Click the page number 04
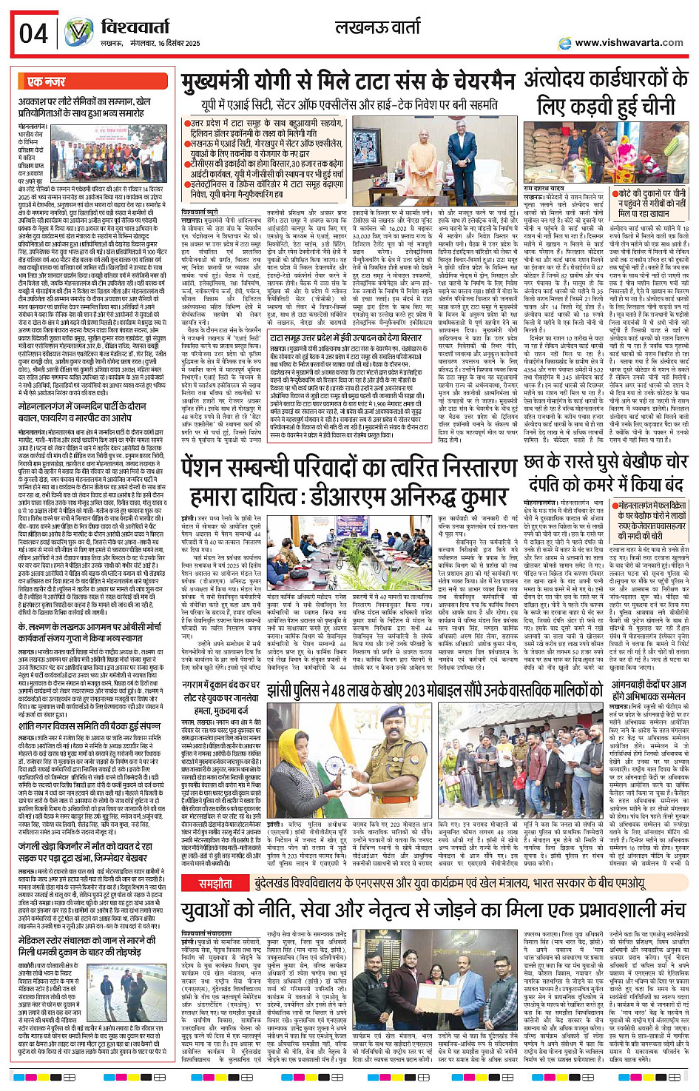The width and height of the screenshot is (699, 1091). click(x=34, y=34)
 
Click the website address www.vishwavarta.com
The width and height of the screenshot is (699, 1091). click(x=629, y=43)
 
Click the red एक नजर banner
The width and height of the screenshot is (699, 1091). click(x=47, y=81)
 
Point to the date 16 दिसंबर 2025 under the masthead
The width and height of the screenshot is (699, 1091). click(x=171, y=44)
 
